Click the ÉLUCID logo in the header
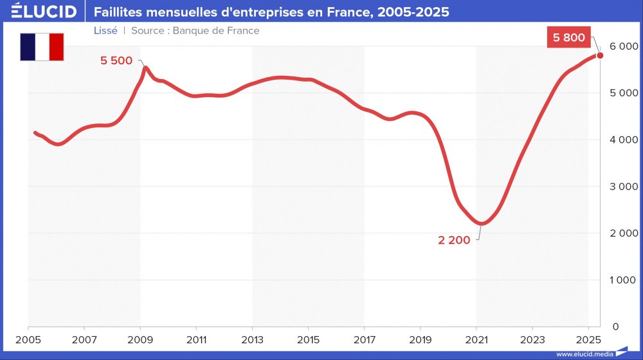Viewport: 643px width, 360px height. [44, 12]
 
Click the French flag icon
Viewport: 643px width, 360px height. [42, 47]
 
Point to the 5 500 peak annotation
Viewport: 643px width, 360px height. [116, 61]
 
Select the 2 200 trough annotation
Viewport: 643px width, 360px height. [454, 240]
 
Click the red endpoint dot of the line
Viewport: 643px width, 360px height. [600, 55]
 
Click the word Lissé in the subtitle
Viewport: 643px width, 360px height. [105, 30]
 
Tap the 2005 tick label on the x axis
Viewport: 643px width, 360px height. [28, 339]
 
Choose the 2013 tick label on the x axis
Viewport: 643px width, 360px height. [252, 339]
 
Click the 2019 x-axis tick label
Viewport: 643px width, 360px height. [420, 339]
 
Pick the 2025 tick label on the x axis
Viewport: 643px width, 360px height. [588, 339]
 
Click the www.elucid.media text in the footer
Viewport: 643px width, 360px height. [584, 354]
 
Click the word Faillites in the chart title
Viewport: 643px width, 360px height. [118, 12]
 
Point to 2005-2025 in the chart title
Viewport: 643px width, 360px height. [417, 12]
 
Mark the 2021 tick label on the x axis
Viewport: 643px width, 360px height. [476, 339]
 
